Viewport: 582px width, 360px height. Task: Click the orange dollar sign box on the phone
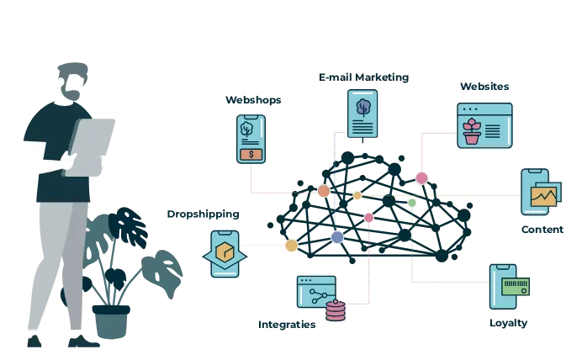point(251,154)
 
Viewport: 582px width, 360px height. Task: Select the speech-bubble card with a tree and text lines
point(362,116)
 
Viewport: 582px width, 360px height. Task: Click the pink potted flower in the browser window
point(473,131)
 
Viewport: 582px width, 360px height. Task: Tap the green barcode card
point(516,287)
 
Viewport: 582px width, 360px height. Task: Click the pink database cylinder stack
point(336,312)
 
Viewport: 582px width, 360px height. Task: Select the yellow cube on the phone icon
point(225,253)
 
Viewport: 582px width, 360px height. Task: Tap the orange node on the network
point(324,191)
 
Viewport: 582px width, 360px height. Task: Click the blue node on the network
point(337,237)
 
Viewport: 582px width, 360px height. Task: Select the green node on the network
point(412,203)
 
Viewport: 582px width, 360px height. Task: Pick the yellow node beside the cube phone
point(291,246)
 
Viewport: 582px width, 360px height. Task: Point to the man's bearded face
point(77,87)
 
